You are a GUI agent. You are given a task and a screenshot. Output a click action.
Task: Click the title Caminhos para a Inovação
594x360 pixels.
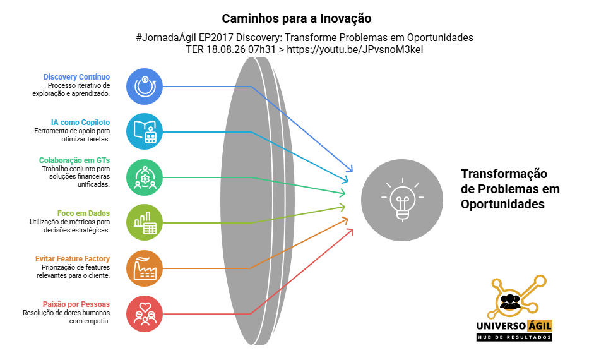(x=297, y=18)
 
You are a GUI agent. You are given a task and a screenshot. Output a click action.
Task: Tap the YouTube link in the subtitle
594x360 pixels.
(x=355, y=50)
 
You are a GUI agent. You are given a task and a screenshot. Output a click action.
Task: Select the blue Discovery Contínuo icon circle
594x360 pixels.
(x=145, y=87)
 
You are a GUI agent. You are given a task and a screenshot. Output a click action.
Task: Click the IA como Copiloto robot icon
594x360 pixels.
(x=145, y=131)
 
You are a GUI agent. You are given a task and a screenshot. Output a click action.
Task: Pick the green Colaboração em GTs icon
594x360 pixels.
(x=145, y=177)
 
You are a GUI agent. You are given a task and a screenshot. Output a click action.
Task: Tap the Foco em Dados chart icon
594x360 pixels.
(x=145, y=222)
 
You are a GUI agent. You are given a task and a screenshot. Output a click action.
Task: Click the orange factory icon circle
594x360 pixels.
(x=145, y=268)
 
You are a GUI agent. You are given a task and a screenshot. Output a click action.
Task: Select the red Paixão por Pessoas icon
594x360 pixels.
(x=145, y=314)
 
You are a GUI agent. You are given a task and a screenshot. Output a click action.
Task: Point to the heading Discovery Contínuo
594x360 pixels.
(x=76, y=77)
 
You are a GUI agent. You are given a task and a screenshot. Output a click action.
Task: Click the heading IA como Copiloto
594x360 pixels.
(x=80, y=123)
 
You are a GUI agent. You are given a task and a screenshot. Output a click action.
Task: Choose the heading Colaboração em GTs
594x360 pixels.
(x=74, y=160)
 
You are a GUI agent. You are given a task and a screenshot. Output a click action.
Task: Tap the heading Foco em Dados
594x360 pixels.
(x=83, y=213)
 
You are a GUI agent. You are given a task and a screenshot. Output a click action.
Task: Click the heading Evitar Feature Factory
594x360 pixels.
(x=73, y=259)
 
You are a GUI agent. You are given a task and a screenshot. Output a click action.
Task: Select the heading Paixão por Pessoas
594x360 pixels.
(x=76, y=304)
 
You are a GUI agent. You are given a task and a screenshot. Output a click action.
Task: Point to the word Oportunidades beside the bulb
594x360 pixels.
(x=502, y=204)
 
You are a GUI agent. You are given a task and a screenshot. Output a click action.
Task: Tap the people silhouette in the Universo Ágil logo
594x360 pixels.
(x=510, y=302)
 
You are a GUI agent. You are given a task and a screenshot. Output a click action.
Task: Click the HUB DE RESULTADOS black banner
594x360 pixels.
(x=514, y=337)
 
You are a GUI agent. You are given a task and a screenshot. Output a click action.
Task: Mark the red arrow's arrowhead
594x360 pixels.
(x=350, y=232)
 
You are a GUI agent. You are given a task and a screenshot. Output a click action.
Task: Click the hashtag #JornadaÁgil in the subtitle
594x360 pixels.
(x=166, y=37)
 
